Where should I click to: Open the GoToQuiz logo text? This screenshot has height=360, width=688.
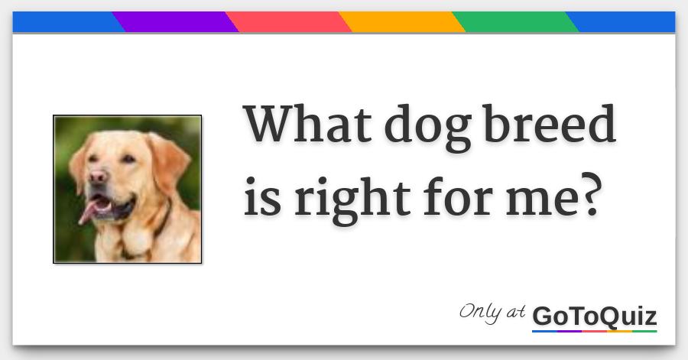[x=594, y=316]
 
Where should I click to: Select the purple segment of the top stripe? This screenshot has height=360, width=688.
[x=174, y=22]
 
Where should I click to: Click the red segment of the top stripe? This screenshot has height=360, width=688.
[x=289, y=22]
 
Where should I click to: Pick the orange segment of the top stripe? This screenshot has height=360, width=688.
[x=401, y=22]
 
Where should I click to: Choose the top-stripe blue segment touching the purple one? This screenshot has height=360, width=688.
[x=65, y=22]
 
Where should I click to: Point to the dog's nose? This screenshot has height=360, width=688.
[x=97, y=177]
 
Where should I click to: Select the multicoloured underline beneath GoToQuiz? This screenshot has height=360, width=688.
[x=594, y=331]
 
